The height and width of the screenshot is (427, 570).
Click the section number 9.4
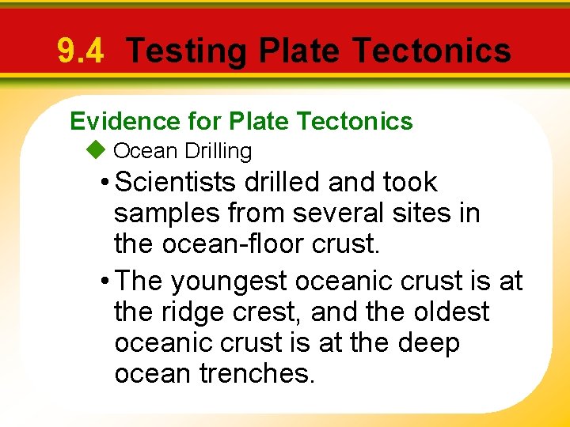click(x=80, y=51)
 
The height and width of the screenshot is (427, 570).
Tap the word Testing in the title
click(x=187, y=51)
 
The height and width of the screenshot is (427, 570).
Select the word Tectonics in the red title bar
click(x=431, y=51)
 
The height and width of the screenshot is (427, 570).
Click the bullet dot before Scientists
click(x=106, y=183)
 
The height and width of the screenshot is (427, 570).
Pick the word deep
click(x=428, y=344)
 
